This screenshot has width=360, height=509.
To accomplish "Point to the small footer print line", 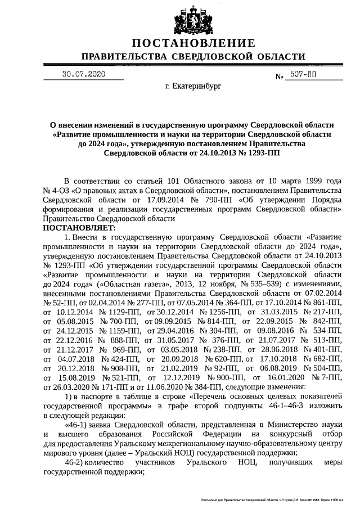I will point(272,499).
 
